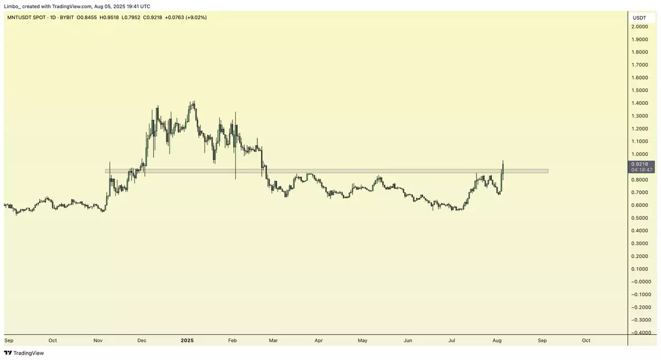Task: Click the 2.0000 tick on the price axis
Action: pyautogui.click(x=639, y=27)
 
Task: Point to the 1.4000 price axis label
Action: pyautogui.click(x=639, y=103)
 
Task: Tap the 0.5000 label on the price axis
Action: pyautogui.click(x=639, y=217)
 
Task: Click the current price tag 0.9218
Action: pyautogui.click(x=639, y=164)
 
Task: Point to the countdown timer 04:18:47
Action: pyautogui.click(x=642, y=170)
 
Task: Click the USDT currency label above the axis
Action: pyautogui.click(x=639, y=18)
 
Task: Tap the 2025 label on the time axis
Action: pyautogui.click(x=187, y=340)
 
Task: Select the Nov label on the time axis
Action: pyautogui.click(x=98, y=340)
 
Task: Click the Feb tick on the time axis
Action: pyautogui.click(x=232, y=340)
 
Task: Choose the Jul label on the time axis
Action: pyautogui.click(x=452, y=340)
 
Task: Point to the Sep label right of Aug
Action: pyautogui.click(x=542, y=340)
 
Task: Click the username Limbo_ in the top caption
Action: pyautogui.click(x=13, y=6)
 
